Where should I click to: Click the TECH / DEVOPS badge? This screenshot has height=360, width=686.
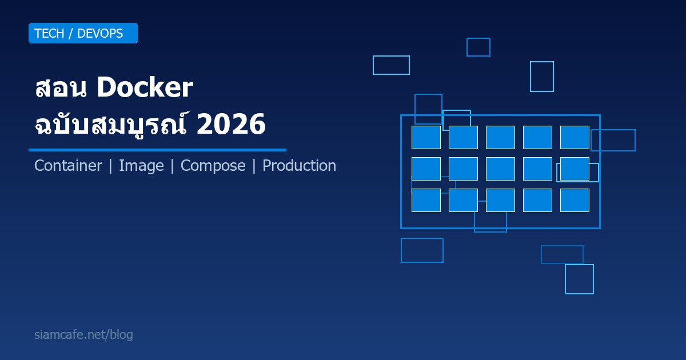(x=83, y=33)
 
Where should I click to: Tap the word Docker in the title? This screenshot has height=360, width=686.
(x=145, y=88)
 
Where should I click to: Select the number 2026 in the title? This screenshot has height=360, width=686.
(x=230, y=125)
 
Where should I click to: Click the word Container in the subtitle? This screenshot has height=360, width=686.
(x=68, y=166)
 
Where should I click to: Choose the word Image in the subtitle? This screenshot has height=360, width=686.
(x=141, y=166)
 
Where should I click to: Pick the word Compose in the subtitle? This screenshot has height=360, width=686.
(x=213, y=166)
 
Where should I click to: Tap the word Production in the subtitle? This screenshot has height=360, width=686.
(x=299, y=166)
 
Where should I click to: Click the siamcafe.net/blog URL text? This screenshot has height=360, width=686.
(x=83, y=335)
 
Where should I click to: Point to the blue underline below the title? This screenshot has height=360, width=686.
(x=157, y=150)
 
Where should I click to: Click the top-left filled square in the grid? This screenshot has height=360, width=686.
(x=426, y=137)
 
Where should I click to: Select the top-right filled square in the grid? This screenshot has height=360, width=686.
(x=575, y=137)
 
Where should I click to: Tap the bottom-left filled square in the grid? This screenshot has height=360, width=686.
(x=426, y=200)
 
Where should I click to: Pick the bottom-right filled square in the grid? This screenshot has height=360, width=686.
(x=575, y=200)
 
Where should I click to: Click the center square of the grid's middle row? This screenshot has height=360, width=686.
(x=500, y=169)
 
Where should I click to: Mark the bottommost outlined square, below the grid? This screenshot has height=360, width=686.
(x=579, y=279)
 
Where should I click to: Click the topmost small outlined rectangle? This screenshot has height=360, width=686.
(x=478, y=47)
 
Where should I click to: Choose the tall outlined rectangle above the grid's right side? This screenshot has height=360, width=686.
(x=542, y=77)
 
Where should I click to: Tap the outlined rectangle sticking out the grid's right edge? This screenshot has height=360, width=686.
(x=613, y=140)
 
